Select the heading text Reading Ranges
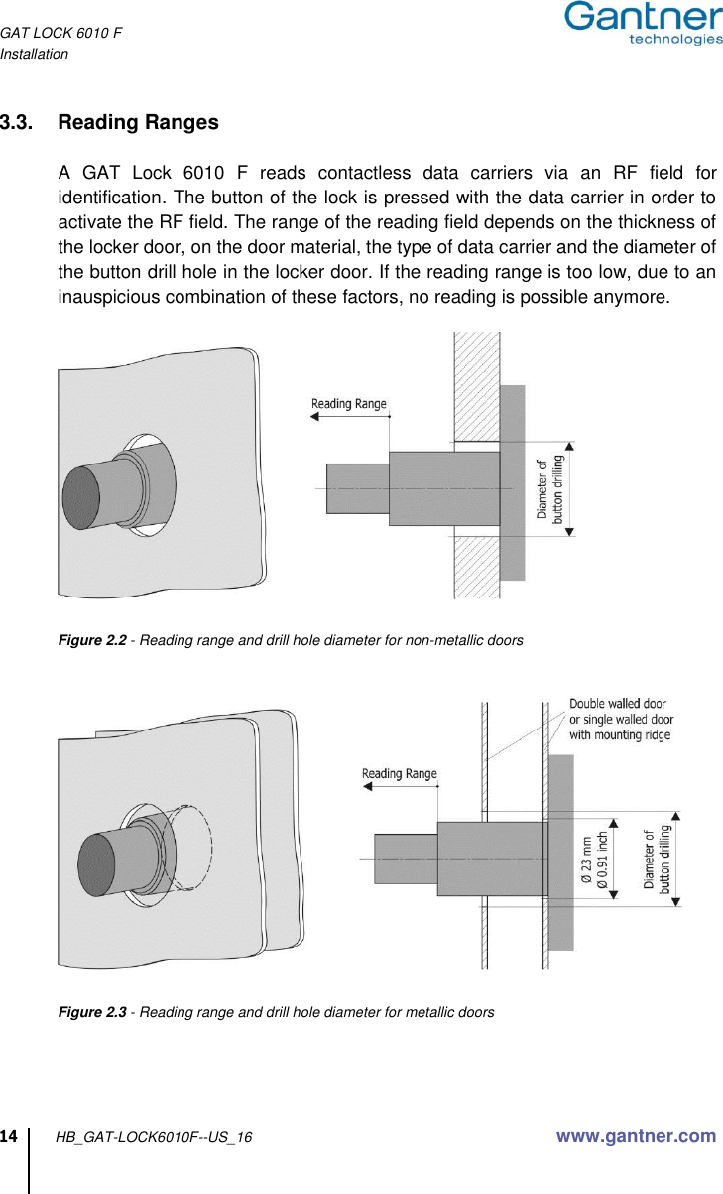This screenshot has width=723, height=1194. click(x=139, y=123)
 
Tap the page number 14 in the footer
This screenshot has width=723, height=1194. click(x=10, y=1135)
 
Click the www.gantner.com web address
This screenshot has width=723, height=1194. click(x=636, y=1136)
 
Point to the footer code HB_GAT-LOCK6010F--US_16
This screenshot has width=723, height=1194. click(x=154, y=1137)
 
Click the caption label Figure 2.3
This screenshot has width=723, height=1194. click(x=92, y=1012)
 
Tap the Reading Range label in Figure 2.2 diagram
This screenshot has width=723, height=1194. click(x=349, y=403)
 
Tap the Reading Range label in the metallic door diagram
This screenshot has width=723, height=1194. click(x=399, y=773)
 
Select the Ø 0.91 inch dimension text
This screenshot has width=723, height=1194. click(x=602, y=857)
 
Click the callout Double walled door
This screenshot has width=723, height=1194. click(x=617, y=704)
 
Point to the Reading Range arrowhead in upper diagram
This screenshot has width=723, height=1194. click(x=315, y=418)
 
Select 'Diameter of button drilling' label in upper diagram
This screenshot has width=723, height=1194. click(x=550, y=488)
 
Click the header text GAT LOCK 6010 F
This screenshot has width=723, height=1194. click(x=60, y=34)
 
